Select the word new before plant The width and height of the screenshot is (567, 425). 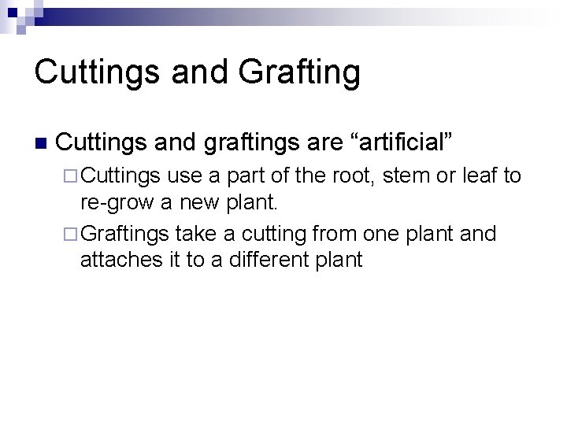point(198,204)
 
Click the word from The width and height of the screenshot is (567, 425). point(332,233)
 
